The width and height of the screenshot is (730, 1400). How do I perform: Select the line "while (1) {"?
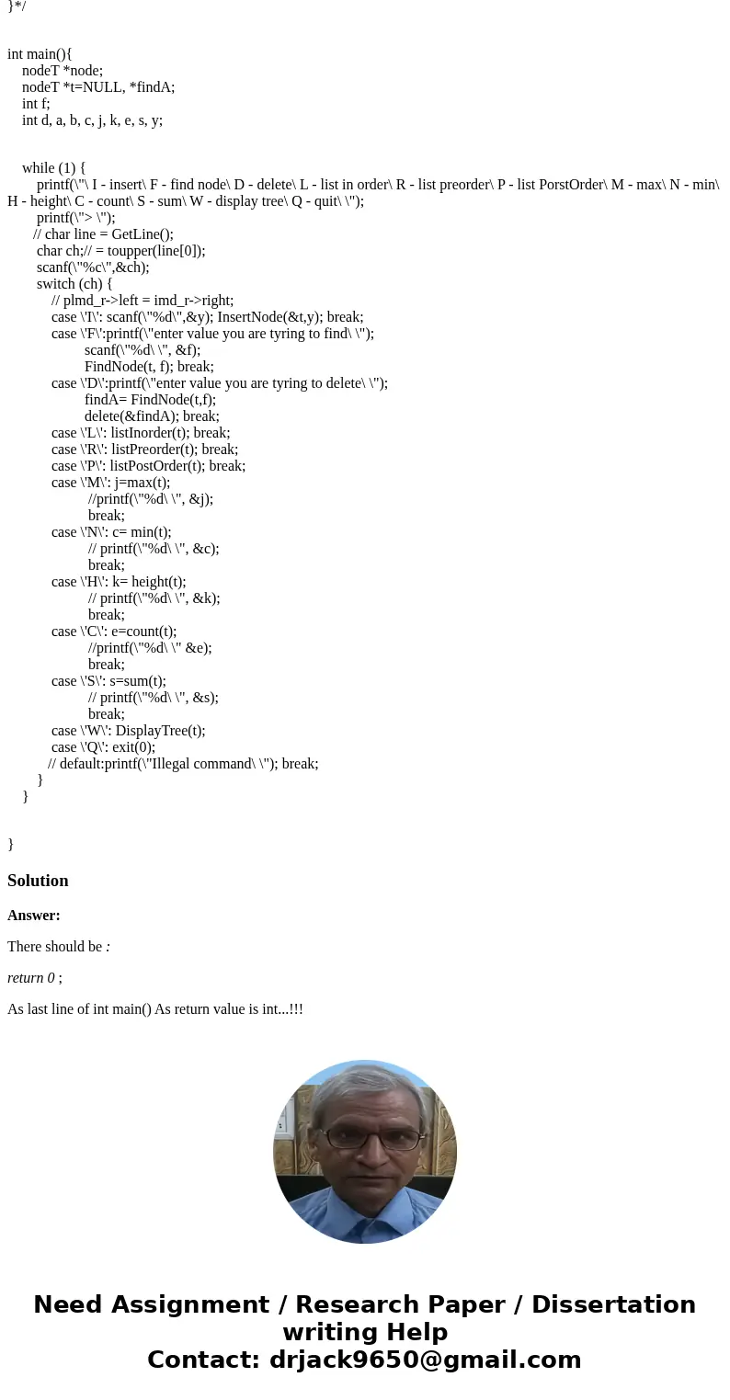53,168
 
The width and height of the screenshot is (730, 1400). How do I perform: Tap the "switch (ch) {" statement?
74,284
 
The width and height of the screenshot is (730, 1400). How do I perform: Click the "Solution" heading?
38,881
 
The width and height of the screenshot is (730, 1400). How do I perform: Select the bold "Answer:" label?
34,916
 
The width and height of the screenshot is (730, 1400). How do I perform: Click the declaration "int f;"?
37,104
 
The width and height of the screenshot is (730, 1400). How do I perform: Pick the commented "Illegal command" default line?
183,764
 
